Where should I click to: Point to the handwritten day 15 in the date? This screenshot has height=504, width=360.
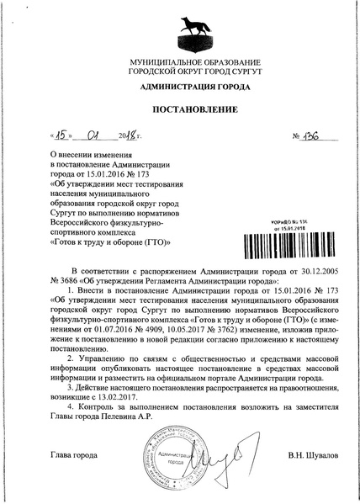[61, 136]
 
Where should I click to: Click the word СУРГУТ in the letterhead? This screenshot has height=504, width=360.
[225, 73]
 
